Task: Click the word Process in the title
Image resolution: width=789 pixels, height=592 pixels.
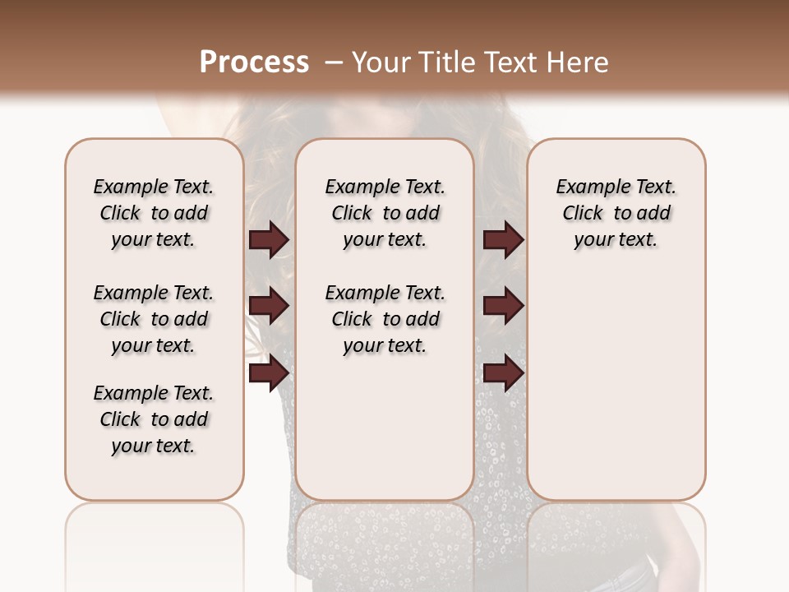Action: (254, 62)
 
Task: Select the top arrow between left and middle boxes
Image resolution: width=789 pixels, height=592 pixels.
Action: (269, 239)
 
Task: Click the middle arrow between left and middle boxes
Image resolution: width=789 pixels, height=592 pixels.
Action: (269, 307)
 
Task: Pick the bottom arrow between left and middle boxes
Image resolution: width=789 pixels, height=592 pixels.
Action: (269, 373)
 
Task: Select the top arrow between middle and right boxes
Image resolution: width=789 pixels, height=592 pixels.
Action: (503, 239)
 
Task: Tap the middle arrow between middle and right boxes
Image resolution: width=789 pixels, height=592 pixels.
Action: (503, 307)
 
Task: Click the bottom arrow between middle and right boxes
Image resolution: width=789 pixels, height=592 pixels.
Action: (503, 373)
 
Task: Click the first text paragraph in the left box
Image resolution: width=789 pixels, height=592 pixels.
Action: (154, 213)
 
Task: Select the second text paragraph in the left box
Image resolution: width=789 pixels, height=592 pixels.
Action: (154, 319)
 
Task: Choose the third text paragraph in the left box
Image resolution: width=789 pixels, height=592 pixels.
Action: (154, 419)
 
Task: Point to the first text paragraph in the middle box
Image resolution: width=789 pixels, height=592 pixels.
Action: (385, 213)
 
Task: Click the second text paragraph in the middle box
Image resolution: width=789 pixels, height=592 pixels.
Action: (385, 319)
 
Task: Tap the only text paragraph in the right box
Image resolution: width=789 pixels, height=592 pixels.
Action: (616, 213)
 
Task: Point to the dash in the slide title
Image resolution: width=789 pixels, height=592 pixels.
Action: (334, 62)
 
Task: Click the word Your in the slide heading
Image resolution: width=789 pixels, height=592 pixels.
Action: (381, 62)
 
